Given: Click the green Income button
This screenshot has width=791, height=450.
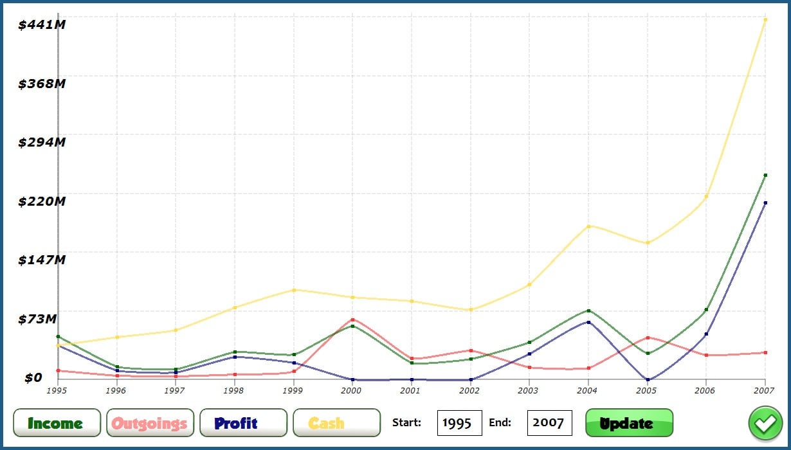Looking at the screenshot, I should click(57, 423).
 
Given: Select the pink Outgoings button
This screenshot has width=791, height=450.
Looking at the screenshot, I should click(150, 423).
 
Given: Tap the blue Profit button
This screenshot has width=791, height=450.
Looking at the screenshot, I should click(244, 423).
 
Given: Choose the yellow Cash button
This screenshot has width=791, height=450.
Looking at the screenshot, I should click(336, 423).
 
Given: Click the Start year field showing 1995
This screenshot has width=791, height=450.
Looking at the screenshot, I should click(459, 423).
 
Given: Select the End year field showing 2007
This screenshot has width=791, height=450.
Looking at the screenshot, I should click(549, 423).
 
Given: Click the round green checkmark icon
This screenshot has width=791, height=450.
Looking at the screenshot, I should click(765, 424).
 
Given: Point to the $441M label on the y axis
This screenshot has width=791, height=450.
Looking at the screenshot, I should click(42, 24).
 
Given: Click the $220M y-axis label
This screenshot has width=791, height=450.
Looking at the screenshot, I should click(42, 201).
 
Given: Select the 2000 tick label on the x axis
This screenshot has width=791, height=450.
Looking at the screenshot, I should click(352, 390).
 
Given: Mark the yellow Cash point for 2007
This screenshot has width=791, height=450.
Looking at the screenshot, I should click(765, 20).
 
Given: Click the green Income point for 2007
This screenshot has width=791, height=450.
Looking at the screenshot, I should click(765, 175).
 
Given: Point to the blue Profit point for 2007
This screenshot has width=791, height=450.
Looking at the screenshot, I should click(765, 203).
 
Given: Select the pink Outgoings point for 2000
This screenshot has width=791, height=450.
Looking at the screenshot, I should click(352, 319).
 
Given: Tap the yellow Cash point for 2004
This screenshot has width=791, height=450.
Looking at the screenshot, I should click(588, 226).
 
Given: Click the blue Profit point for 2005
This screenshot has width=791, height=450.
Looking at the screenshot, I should click(648, 380).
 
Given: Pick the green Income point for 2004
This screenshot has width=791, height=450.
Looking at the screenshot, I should click(588, 310).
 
